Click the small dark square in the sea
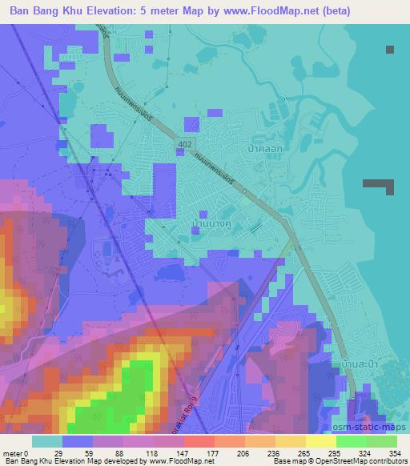(390, 50)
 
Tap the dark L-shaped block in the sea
(381, 185)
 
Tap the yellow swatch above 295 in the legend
(320, 441)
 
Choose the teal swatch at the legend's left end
(47, 441)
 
